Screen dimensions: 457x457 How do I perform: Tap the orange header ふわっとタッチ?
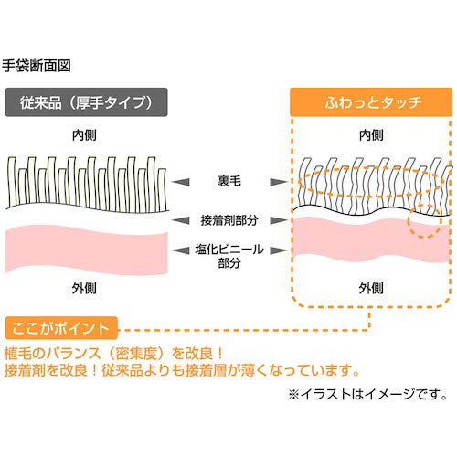tap(371, 101)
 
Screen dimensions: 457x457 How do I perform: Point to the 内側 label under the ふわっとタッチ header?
tap(370, 134)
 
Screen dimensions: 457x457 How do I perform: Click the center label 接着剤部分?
tap(228, 220)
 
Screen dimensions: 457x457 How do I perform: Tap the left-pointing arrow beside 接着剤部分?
tap(182, 220)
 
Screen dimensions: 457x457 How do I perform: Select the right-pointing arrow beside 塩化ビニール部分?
tap(274, 246)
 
